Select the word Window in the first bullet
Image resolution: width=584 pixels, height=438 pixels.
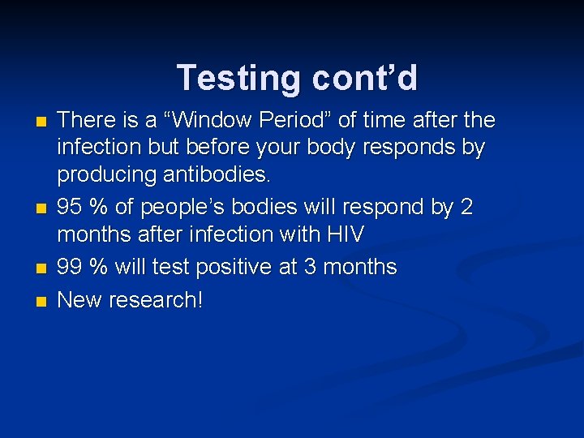pyautogui.click(x=204, y=120)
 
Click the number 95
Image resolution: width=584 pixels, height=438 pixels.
pyautogui.click(x=71, y=207)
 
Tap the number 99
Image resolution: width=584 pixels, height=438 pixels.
pyautogui.click(x=71, y=267)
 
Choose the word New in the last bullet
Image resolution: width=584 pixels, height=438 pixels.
pyautogui.click(x=78, y=299)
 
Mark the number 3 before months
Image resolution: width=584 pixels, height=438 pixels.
pyautogui.click(x=311, y=267)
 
